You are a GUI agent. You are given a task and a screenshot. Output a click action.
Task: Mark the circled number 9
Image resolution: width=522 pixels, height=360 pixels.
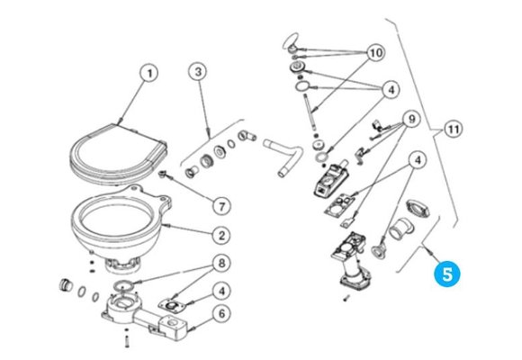click(x=409, y=119)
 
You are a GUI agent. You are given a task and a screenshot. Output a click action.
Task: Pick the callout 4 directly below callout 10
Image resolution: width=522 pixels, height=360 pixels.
click(x=389, y=89)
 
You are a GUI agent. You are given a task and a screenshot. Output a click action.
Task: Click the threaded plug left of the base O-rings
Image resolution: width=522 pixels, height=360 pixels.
click(x=65, y=286)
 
